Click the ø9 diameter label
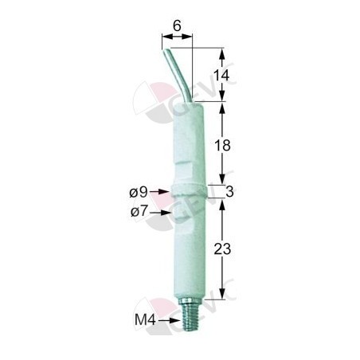139,192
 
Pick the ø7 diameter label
139,212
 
